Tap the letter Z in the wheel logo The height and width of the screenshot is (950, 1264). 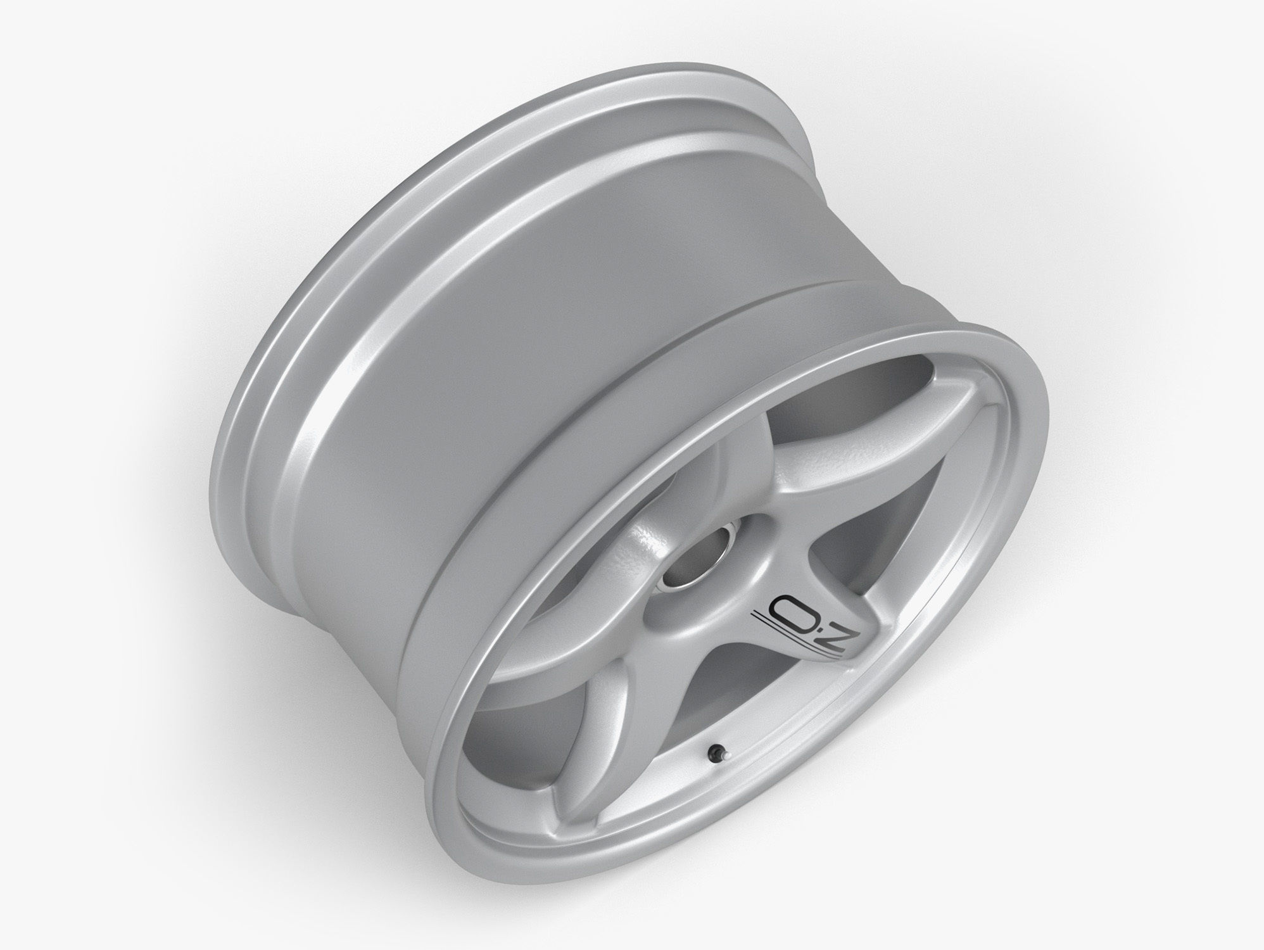pos(837,626)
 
